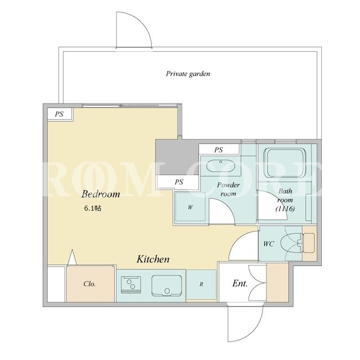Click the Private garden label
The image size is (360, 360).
click(188, 74)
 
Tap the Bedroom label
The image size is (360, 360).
click(101, 194)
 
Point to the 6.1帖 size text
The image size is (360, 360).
click(92, 208)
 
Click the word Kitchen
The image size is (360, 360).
click(153, 259)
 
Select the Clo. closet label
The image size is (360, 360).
click(89, 284)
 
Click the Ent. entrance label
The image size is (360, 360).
click(240, 283)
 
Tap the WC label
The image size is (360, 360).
click(268, 244)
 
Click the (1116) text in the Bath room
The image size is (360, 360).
click(285, 209)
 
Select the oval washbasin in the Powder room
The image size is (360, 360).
click(220, 165)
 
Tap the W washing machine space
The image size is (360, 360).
click(190, 207)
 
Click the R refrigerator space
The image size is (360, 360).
click(201, 285)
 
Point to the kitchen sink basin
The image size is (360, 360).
click(166, 285)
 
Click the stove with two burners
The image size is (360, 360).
click(131, 285)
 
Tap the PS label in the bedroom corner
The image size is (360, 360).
click(59, 114)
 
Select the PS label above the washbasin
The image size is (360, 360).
click(218, 150)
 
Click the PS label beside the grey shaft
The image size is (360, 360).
click(179, 182)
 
